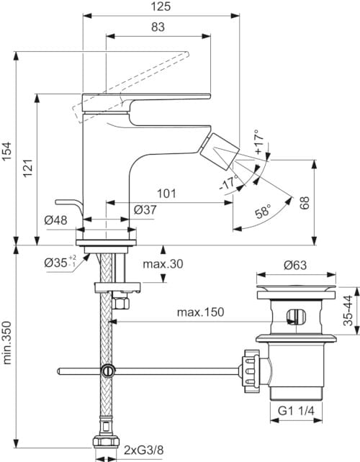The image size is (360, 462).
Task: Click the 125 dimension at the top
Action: [162, 6]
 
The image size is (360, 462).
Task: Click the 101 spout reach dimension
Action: [168, 193]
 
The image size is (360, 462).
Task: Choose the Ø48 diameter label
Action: [55, 220]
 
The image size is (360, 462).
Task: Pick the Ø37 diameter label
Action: [147, 209]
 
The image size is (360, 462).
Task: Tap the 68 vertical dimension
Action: [305, 203]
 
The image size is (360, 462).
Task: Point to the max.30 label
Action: [162, 264]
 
